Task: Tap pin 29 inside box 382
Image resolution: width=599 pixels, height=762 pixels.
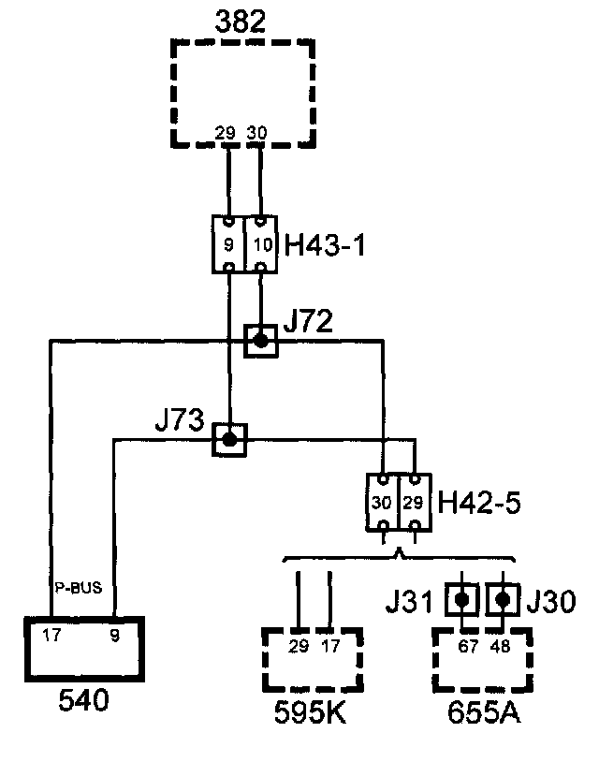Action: pyautogui.click(x=226, y=133)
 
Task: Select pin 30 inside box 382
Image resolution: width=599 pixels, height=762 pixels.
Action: pyautogui.click(x=257, y=133)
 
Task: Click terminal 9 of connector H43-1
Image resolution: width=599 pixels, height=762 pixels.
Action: pyautogui.click(x=228, y=245)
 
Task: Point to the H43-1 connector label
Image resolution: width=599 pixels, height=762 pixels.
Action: pyautogui.click(x=325, y=246)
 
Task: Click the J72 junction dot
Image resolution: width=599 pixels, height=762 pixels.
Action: pyautogui.click(x=261, y=341)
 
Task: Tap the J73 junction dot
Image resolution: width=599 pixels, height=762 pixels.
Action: pyautogui.click(x=229, y=437)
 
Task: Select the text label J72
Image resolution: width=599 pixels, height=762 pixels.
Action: pyautogui.click(x=310, y=323)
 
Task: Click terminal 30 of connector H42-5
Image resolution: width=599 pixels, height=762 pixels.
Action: pyautogui.click(x=382, y=503)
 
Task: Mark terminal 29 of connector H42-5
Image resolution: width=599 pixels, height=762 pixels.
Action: pyautogui.click(x=413, y=503)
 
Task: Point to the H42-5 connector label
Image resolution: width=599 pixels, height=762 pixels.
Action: pyautogui.click(x=480, y=504)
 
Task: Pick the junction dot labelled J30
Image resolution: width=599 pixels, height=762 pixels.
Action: pyautogui.click(x=504, y=597)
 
